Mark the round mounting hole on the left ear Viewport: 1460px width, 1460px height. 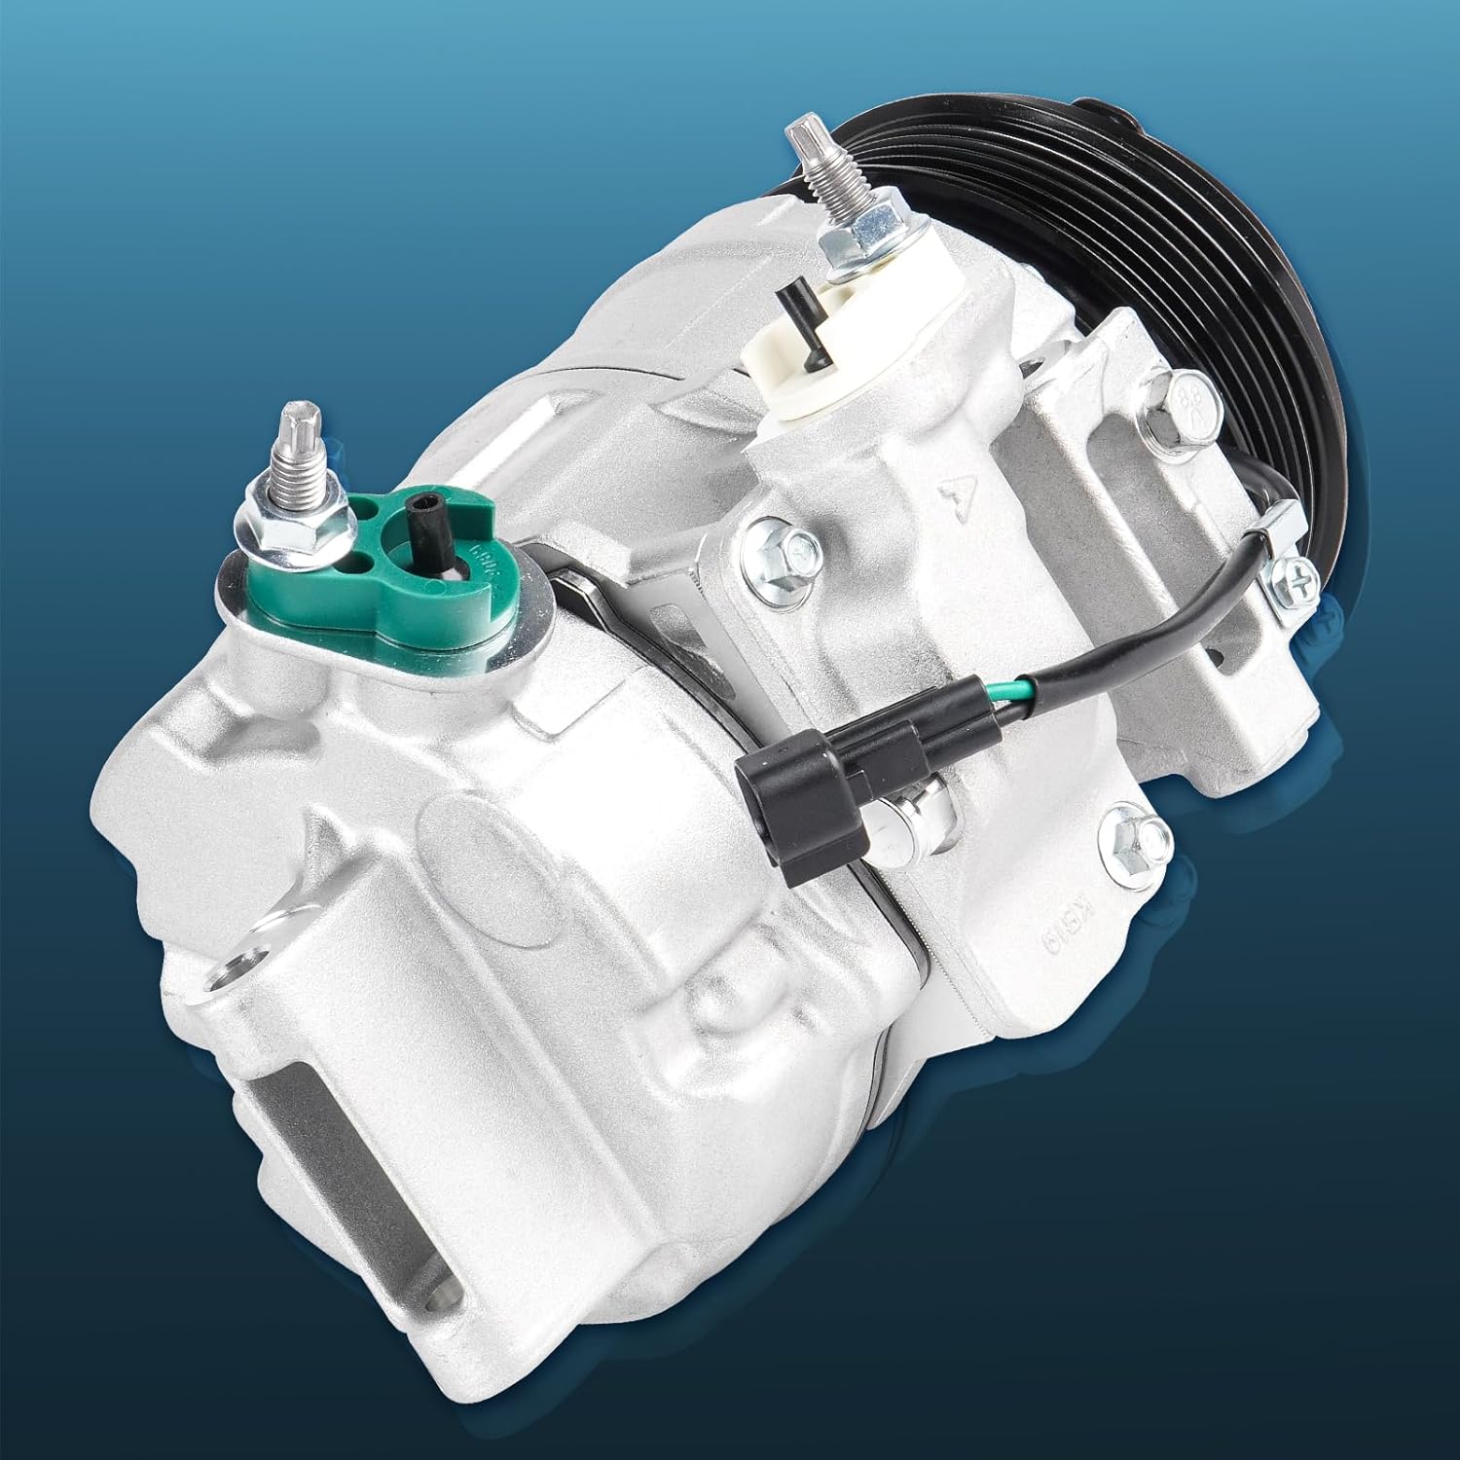(x=235, y=969)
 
